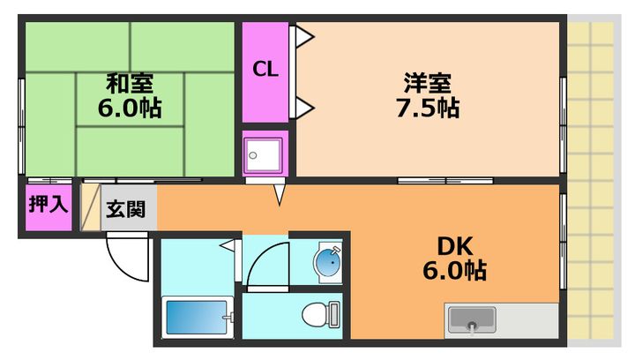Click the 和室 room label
(x=131, y=84)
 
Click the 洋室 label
(x=429, y=84)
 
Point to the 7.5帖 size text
(x=429, y=109)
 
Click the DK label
(x=454, y=244)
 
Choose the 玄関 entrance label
(x=127, y=211)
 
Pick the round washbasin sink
(x=327, y=262)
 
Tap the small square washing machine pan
(x=265, y=154)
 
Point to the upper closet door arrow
(x=305, y=36)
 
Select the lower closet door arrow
(x=305, y=109)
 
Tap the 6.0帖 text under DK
(x=454, y=271)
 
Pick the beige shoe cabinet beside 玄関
(x=92, y=207)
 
